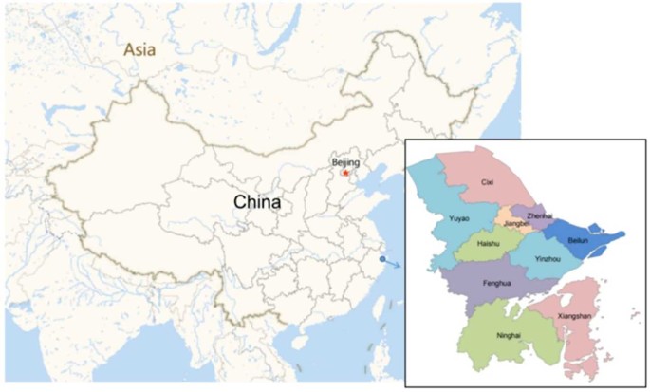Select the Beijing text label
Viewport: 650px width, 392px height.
coord(346,163)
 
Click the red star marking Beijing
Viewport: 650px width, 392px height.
coord(346,174)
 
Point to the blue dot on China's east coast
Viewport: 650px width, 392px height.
coord(381,258)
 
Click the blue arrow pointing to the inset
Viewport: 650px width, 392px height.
coord(394,263)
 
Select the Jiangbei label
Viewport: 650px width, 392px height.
coord(518,225)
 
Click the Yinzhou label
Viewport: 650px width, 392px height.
coord(548,258)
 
